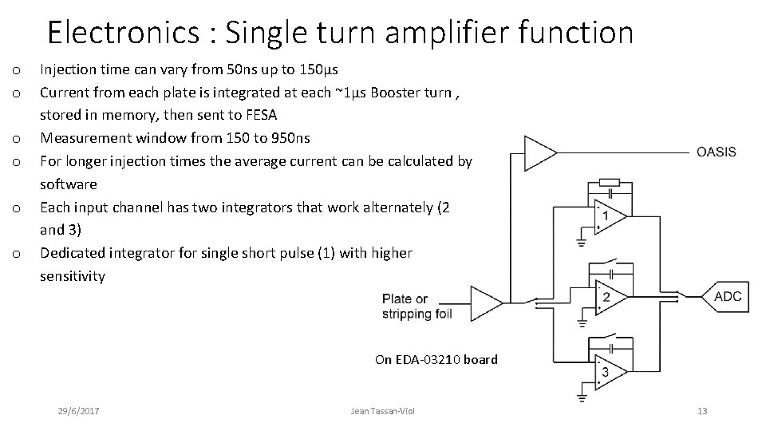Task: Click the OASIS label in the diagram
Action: pyautogui.click(x=716, y=152)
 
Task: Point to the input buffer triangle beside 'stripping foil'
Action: pyautogui.click(x=488, y=303)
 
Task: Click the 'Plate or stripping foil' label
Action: pyautogui.click(x=417, y=306)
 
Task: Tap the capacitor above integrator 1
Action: pyautogui.click(x=610, y=192)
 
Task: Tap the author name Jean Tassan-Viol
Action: pyautogui.click(x=383, y=411)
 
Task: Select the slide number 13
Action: pyautogui.click(x=702, y=411)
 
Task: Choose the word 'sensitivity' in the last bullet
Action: pyautogui.click(x=73, y=276)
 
